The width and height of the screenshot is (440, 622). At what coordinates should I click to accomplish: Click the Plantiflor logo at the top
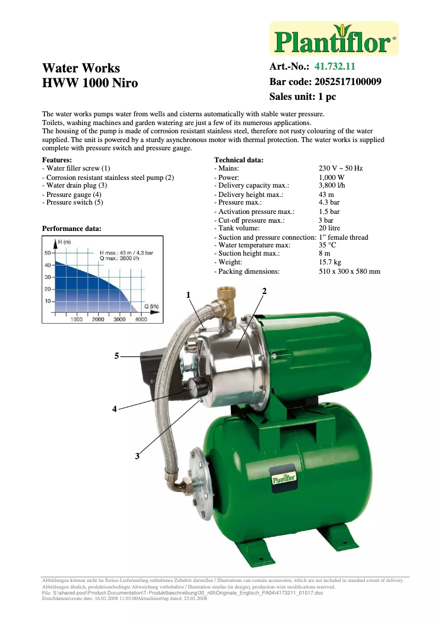coord(334,39)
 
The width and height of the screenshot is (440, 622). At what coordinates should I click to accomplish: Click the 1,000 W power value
coord(331,178)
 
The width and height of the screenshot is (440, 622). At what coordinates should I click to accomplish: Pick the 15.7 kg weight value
coord(330,263)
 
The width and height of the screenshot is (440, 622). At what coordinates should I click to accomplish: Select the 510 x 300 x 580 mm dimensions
coord(349,271)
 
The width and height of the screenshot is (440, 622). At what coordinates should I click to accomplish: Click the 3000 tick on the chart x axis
coord(119,319)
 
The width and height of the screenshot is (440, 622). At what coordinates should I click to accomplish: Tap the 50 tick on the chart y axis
coord(47,253)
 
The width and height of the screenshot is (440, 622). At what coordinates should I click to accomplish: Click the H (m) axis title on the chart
coord(65,242)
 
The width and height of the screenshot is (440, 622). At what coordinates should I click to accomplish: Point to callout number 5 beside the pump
coord(116,356)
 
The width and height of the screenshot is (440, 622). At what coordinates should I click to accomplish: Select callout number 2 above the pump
coord(264,291)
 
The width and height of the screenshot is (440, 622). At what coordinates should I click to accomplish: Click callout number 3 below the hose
coord(138,455)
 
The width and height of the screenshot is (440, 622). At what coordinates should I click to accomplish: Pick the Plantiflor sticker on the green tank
coord(284,478)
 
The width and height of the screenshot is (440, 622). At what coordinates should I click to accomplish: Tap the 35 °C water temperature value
coord(327,245)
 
